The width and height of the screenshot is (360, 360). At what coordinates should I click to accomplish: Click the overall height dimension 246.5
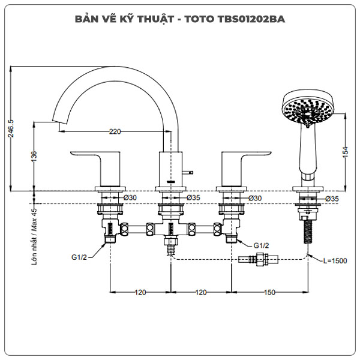pos(11,128)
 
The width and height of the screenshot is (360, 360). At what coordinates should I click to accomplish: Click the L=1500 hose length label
pos(333,260)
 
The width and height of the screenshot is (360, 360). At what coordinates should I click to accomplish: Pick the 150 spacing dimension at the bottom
pos(269,292)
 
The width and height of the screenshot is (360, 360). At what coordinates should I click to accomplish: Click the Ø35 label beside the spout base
pos(193,197)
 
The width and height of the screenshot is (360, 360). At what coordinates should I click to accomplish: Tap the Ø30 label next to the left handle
pos(130,197)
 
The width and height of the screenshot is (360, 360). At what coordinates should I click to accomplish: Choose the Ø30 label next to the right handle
pos(254,197)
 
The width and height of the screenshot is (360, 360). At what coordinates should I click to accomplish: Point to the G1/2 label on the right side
pos(260,245)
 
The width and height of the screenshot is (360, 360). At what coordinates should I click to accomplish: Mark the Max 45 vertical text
pos(34,219)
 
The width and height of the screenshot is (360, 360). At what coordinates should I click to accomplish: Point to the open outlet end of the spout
pos(58,125)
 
